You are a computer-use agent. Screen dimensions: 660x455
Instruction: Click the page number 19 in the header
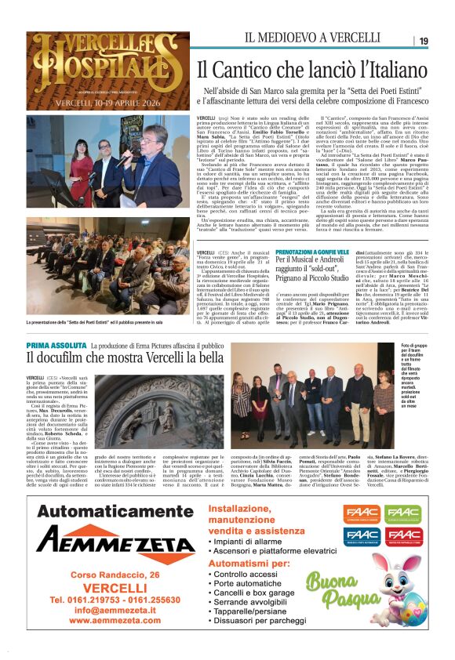click(423, 41)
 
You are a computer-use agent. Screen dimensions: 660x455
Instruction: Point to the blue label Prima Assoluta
click(56, 345)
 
